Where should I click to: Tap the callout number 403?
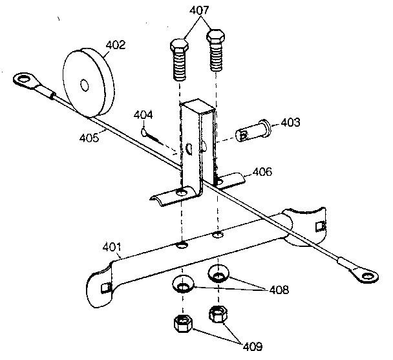(x=290, y=123)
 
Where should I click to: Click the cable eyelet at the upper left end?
(x=24, y=81)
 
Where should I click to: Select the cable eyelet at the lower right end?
(x=366, y=279)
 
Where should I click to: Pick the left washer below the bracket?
(x=182, y=284)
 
